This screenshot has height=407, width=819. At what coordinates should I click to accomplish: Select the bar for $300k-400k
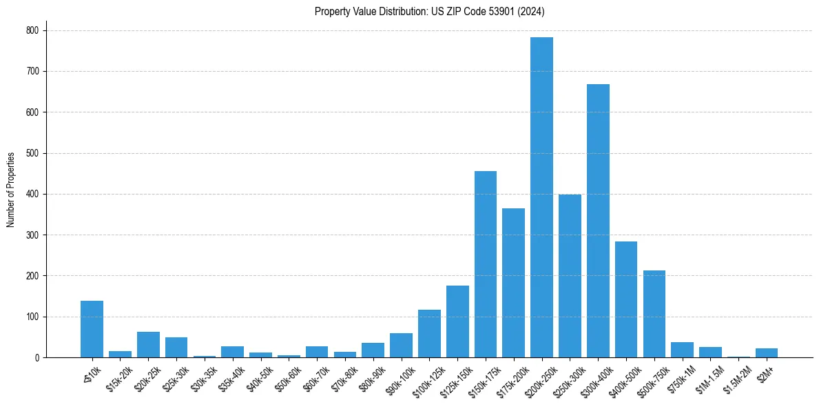(598, 221)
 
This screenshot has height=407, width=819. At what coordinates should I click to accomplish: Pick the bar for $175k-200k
(513, 283)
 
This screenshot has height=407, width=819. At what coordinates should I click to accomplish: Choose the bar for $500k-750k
(654, 314)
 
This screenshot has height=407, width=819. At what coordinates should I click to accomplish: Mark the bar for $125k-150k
(457, 321)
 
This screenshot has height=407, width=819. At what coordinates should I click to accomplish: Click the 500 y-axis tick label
(32, 153)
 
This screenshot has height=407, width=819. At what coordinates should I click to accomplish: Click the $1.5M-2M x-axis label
(736, 376)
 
